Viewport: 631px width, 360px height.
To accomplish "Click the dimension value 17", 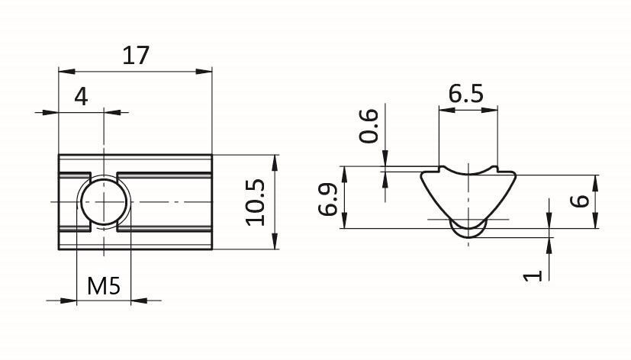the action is click(136, 55).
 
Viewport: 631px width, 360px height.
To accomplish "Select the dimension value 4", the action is click(81, 97).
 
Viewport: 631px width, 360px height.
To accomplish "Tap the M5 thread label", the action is click(104, 286).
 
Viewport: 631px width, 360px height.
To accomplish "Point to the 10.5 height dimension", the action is click(255, 201).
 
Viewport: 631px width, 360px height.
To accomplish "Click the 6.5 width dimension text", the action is click(466, 95).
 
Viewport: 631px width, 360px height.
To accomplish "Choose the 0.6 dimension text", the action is click(369, 126).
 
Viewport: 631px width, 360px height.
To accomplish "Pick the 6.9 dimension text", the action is click(327, 200).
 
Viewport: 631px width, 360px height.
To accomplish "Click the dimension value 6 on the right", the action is click(581, 201).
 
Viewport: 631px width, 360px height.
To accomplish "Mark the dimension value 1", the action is click(533, 275).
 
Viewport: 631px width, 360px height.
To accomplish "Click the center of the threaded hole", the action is click(105, 201).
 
